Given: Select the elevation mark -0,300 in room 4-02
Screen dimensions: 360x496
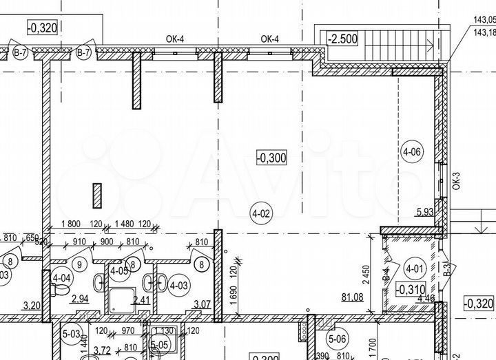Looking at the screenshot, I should click(272, 158).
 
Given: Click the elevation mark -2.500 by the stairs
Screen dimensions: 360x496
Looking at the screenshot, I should click(342, 39).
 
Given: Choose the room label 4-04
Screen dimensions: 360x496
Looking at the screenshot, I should click(61, 278).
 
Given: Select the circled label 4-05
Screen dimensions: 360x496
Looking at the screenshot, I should click(119, 269).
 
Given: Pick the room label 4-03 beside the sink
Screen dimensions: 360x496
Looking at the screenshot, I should click(178, 284).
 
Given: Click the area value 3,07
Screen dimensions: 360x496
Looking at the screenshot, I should click(202, 304).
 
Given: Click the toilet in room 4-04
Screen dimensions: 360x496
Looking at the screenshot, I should click(63, 294).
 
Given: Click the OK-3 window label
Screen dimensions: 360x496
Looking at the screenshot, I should click(455, 181).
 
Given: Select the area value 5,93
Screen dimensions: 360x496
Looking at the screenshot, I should click(425, 213).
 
